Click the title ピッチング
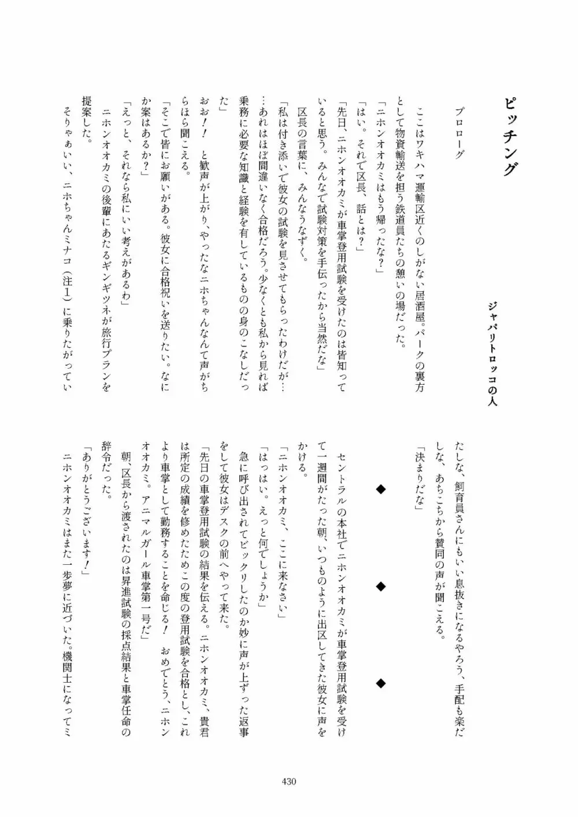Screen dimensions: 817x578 509,138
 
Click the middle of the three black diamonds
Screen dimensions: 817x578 380,587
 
